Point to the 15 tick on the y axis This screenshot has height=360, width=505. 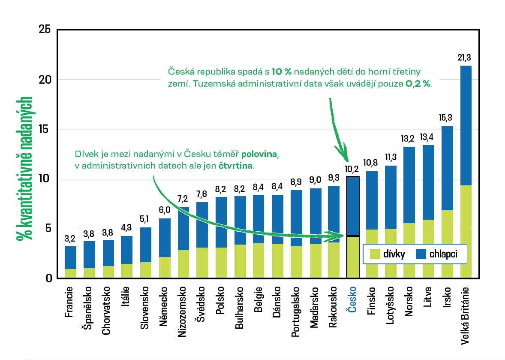(45, 130)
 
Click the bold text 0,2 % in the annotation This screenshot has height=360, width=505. (418, 84)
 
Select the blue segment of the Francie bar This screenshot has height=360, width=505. (70, 257)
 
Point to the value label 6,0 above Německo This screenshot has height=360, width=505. (165, 211)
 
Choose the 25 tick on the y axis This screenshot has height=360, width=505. (45, 30)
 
